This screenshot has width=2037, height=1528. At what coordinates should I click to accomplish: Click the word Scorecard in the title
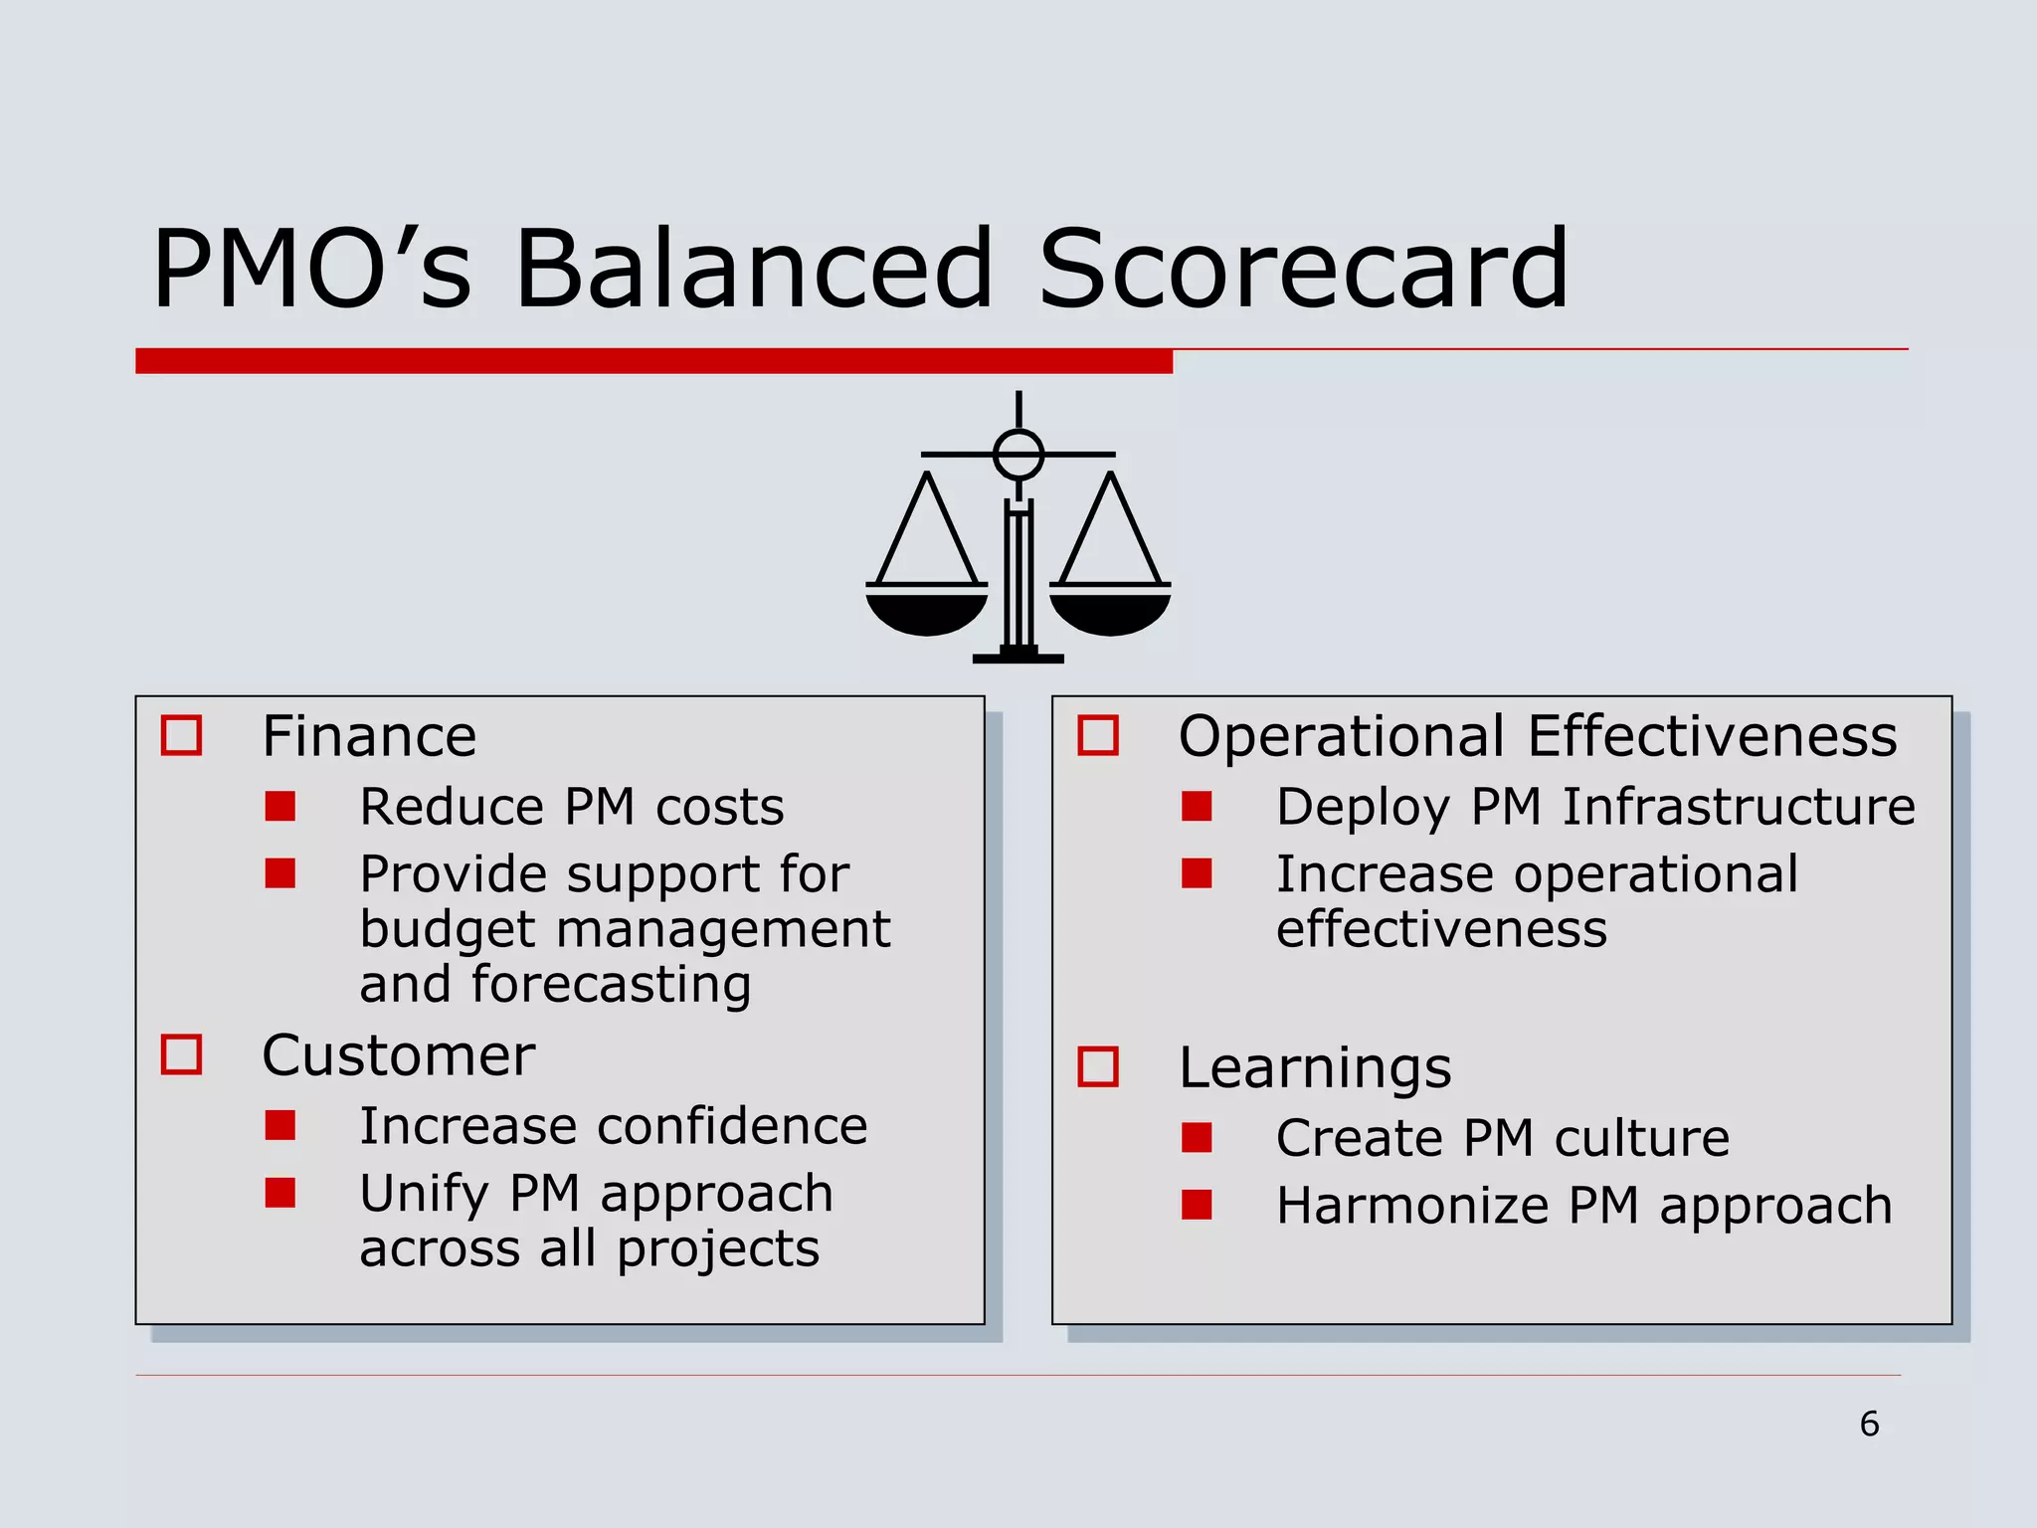coord(1303,269)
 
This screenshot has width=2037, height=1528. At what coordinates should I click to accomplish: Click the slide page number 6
coord(1869,1424)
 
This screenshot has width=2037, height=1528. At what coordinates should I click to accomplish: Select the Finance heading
coord(369,736)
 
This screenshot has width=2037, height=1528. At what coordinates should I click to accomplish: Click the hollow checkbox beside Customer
coord(181,1054)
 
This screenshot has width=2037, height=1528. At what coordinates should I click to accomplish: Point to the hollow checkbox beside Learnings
coord(1098,1066)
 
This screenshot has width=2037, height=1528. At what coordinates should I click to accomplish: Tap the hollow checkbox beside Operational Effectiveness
coord(1098,736)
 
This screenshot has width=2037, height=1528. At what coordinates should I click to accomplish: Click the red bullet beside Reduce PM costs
coord(280,806)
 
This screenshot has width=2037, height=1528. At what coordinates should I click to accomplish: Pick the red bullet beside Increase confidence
coord(280,1125)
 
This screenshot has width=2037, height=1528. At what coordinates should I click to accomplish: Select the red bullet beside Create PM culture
coord(1197,1137)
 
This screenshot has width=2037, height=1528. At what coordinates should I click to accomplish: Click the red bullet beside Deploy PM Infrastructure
coord(1197,806)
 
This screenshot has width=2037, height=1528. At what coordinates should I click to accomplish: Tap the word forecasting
coord(611,985)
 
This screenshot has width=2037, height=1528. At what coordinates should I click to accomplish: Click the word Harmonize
coord(1412,1206)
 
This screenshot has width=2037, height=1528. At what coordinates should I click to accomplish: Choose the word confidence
coord(732,1126)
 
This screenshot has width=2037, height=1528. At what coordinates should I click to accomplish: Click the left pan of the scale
coord(927,611)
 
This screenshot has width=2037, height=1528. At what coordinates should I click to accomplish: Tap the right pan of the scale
coord(1110,611)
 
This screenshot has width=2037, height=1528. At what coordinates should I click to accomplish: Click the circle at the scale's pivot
coord(1018,455)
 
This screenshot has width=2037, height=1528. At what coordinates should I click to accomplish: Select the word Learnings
coord(1315,1068)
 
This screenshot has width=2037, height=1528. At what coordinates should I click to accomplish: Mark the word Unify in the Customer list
coord(424,1194)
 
